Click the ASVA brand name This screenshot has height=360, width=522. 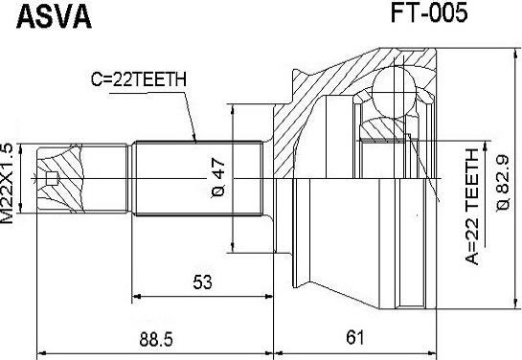point(54,17)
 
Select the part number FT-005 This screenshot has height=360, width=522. point(429,12)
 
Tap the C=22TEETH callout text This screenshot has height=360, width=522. point(139,79)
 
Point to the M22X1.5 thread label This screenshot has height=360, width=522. point(8,183)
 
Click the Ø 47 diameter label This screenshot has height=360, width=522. point(218,178)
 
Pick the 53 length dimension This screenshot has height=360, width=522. point(202,281)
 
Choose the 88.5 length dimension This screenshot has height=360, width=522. point(156,340)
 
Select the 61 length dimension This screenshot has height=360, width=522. point(354,338)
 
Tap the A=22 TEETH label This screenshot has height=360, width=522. point(472,207)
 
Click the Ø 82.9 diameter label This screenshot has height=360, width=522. point(503,183)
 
